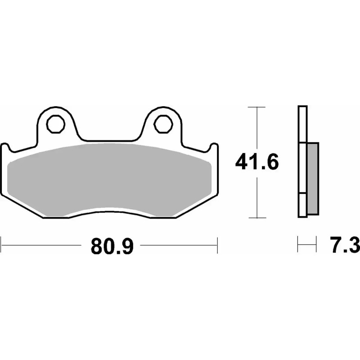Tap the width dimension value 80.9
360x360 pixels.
(x=112, y=246)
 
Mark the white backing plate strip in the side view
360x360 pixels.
(x=302, y=162)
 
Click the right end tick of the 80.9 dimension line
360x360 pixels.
(x=218, y=246)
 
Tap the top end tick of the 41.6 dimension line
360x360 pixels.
(x=256, y=108)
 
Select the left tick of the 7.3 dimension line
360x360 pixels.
(x=298, y=246)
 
